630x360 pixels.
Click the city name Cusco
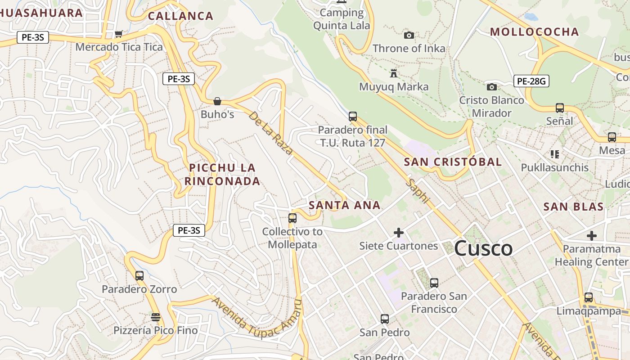[x=483, y=248]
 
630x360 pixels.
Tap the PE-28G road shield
[x=531, y=81]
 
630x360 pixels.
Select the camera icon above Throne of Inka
[x=409, y=35]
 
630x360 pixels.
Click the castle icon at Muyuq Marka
[x=394, y=73]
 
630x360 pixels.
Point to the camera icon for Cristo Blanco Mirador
[x=492, y=87]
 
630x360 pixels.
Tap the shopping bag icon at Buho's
[x=217, y=101]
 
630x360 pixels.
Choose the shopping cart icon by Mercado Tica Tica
[x=119, y=34]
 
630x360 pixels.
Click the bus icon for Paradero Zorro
[x=139, y=275]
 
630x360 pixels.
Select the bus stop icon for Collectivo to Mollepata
[x=292, y=218]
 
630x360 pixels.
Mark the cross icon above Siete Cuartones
[x=399, y=233]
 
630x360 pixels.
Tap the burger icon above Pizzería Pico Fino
[x=156, y=317]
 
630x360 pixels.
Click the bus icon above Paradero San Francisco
[x=434, y=283]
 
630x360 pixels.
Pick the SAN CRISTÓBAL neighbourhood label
[x=453, y=162]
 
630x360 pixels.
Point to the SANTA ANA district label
[x=345, y=206]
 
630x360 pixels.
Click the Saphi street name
[x=418, y=191]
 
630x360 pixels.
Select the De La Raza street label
[x=271, y=133]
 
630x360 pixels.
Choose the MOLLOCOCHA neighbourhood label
[x=534, y=32]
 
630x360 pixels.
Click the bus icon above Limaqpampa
[x=589, y=297]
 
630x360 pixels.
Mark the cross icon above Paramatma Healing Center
[x=592, y=236]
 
